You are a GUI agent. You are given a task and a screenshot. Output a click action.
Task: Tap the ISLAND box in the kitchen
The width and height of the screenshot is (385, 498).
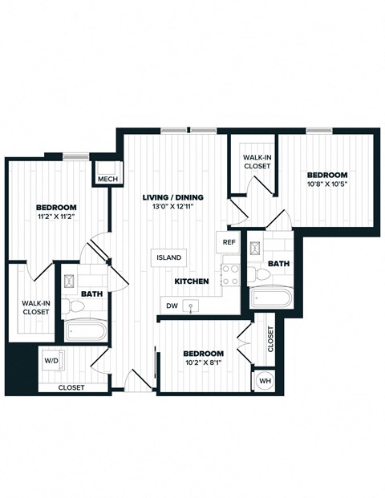[169, 257]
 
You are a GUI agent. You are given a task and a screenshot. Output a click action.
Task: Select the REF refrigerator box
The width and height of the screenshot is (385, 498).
[229, 241]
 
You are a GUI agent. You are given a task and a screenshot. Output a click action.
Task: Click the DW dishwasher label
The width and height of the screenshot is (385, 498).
[172, 306]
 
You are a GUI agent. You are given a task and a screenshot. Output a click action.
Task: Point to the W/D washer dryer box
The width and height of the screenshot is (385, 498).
[52, 362]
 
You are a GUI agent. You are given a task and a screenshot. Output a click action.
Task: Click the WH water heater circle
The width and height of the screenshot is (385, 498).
[265, 381]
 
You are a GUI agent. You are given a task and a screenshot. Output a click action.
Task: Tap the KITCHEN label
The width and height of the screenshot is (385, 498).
[192, 281]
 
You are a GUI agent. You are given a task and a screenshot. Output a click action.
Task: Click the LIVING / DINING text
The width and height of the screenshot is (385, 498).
[172, 197]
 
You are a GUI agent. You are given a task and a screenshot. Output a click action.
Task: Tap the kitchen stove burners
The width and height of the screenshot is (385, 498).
[231, 275]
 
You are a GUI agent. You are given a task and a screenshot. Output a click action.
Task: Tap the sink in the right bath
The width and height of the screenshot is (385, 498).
[255, 247]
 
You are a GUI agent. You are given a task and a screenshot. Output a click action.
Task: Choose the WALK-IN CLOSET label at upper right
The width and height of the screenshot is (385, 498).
[257, 161]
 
